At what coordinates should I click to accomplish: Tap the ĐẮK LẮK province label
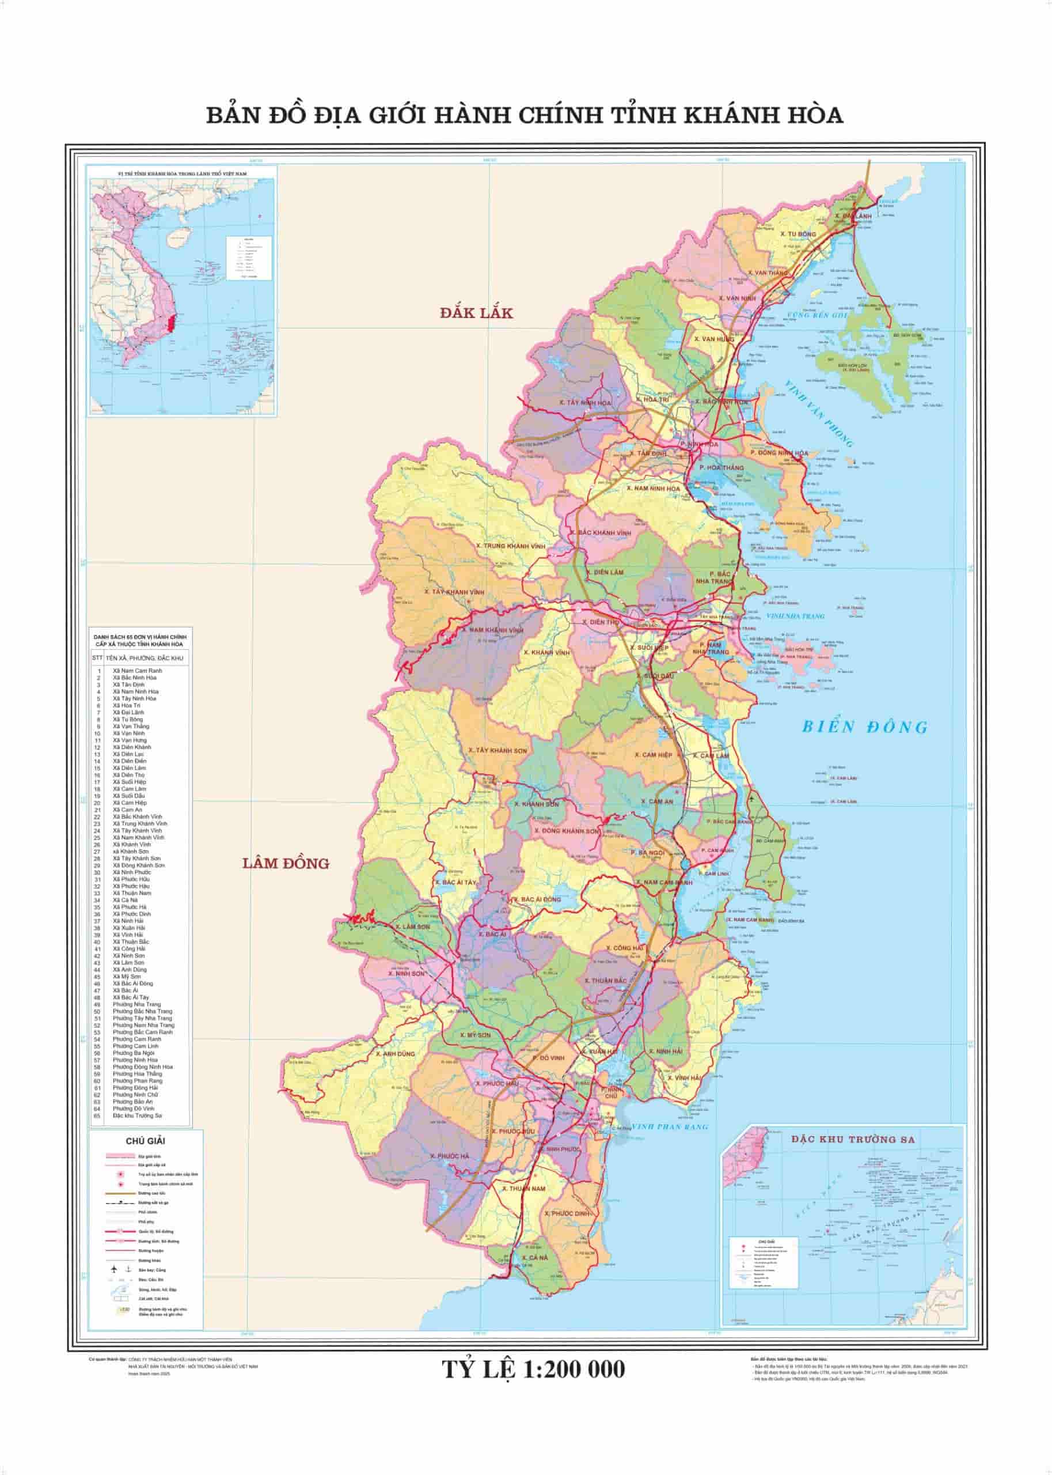pos(476,313)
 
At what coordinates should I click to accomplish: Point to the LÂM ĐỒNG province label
pos(286,863)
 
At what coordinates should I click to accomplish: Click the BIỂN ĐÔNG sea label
pos(865,727)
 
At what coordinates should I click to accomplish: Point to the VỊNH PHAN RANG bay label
pos(670,1126)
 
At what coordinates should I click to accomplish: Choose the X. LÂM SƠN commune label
pos(413,926)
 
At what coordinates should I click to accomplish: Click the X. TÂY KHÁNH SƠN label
pos(497,750)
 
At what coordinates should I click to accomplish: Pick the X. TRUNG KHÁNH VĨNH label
pos(510,546)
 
